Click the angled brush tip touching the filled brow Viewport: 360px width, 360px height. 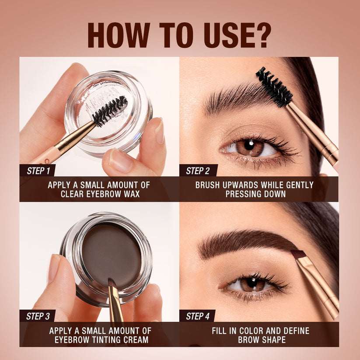point(298,254)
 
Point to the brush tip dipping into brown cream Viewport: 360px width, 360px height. point(111,287)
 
